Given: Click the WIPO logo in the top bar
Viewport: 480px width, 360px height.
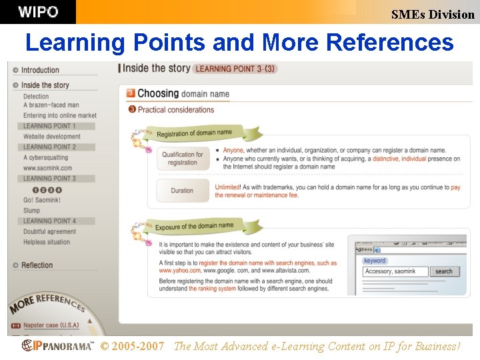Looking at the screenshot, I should pyautogui.click(x=38, y=12).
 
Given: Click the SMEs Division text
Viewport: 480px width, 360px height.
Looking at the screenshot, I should pyautogui.click(x=433, y=14).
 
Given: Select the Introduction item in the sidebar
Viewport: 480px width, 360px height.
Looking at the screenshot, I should pyautogui.click(x=40, y=70).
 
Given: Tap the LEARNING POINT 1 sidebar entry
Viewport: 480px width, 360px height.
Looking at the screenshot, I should pyautogui.click(x=49, y=126).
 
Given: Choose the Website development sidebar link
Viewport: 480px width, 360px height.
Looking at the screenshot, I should pyautogui.click(x=52, y=137).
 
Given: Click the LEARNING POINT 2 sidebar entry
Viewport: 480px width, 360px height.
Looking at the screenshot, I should pyautogui.click(x=49, y=147).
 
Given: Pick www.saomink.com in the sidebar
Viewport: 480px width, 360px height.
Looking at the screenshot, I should pyautogui.click(x=47, y=168).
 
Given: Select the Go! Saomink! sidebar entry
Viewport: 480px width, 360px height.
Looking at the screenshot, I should pyautogui.click(x=42, y=200).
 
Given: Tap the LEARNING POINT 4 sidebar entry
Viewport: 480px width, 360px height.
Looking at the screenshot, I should pyautogui.click(x=49, y=221).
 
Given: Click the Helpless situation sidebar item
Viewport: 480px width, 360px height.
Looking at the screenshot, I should pyautogui.click(x=47, y=242).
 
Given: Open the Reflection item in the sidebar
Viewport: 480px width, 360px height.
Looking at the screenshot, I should pyautogui.click(x=37, y=265).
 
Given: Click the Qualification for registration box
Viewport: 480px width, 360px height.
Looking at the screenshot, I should pyautogui.click(x=182, y=159).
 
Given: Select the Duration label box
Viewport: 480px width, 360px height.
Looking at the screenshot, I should pyautogui.click(x=182, y=191).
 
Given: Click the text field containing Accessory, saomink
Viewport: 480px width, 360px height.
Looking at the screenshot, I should pyautogui.click(x=395, y=271).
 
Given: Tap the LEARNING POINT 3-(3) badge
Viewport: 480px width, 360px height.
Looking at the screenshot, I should pyautogui.click(x=235, y=69).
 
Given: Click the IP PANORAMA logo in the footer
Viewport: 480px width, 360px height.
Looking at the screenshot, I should pyautogui.click(x=58, y=345).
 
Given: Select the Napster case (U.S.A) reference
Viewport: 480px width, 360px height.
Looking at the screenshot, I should pyautogui.click(x=51, y=325).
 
